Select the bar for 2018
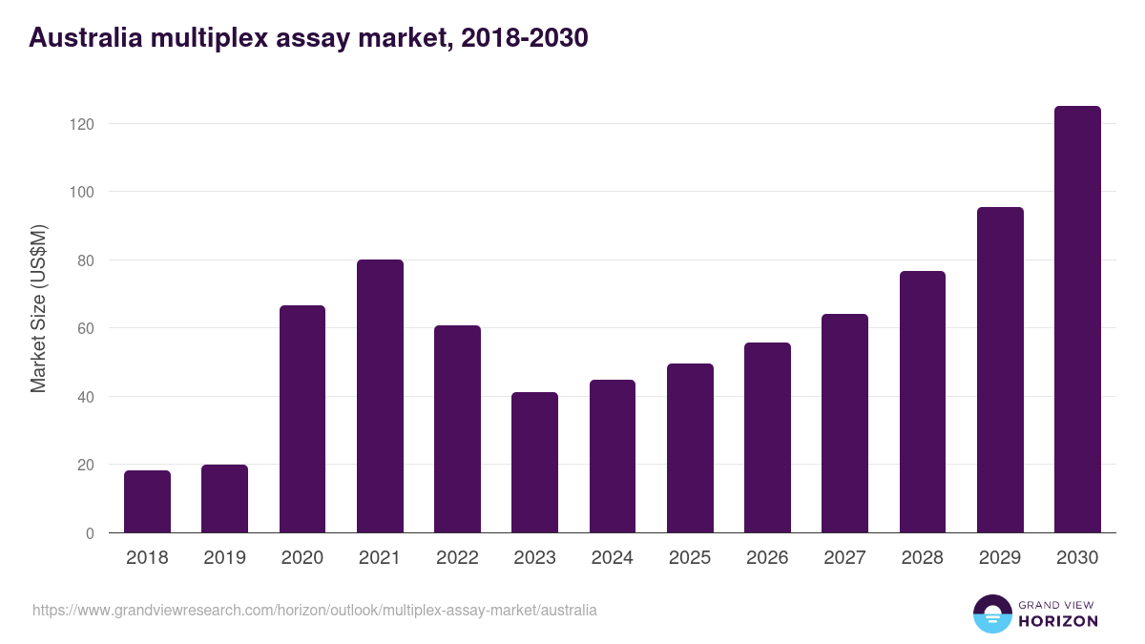point(147,502)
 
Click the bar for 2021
point(380,396)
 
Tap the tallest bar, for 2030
point(1077,320)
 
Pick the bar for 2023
point(534,463)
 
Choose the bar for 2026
point(767,438)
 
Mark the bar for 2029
point(1000,370)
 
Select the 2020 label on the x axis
point(302,558)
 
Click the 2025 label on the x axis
point(690,558)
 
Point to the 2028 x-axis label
point(923,558)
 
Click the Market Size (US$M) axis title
point(38,308)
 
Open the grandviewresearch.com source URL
point(315,610)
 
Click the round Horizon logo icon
point(991,613)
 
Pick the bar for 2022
point(457,429)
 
